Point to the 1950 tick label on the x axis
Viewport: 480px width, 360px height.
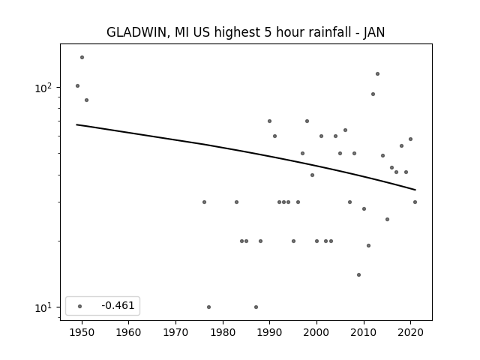(x=82, y=332)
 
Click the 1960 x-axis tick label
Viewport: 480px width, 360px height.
(x=128, y=332)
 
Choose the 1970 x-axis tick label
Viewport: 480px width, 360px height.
(x=175, y=332)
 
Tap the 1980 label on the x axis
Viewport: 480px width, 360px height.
(x=223, y=332)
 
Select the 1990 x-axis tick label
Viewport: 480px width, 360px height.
(x=270, y=332)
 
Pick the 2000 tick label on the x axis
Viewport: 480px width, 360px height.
(x=316, y=332)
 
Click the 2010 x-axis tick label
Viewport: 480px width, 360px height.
(x=364, y=332)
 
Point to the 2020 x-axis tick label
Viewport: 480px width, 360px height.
(x=411, y=332)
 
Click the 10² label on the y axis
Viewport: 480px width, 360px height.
(x=43, y=88)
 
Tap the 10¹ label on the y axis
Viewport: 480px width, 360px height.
(x=43, y=307)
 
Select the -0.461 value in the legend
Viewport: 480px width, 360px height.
(x=118, y=305)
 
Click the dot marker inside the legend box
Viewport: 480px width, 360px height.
(x=80, y=306)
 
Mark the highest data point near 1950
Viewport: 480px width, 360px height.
(x=82, y=57)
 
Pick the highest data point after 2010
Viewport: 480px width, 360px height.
(x=377, y=73)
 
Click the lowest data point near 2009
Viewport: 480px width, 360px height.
(x=358, y=275)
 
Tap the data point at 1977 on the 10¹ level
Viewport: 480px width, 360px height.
(x=208, y=307)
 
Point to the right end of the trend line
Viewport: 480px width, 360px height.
(x=415, y=190)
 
